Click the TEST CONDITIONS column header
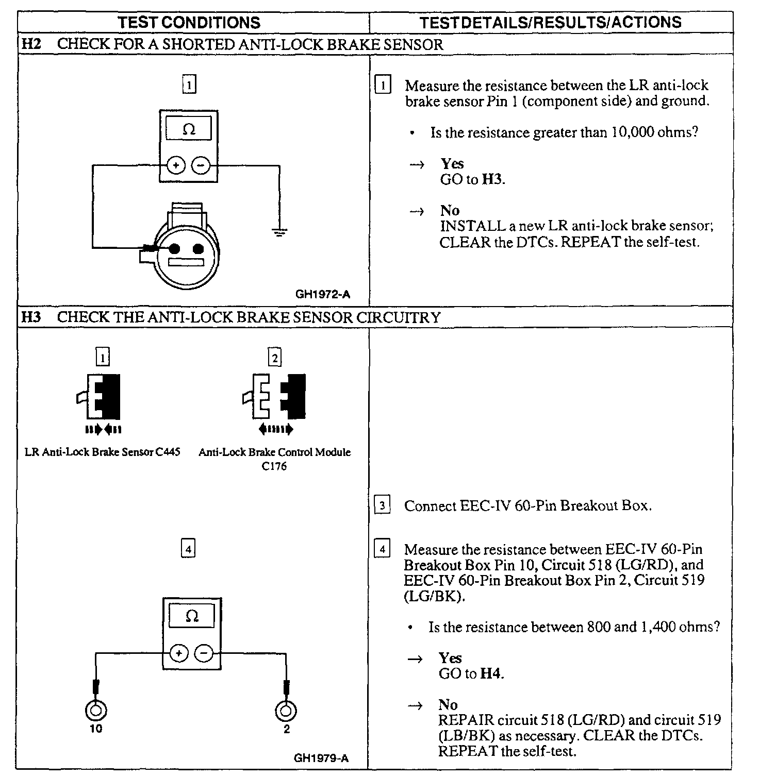pyautogui.click(x=189, y=23)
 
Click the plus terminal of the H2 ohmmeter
pyautogui.click(x=176, y=165)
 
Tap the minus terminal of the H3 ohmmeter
pyautogui.click(x=204, y=654)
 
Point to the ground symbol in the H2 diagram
pyautogui.click(x=279, y=232)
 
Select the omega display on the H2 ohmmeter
pyautogui.click(x=189, y=129)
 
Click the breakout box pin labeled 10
pyautogui.click(x=96, y=711)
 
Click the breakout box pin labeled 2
pyautogui.click(x=286, y=711)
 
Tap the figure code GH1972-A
pyautogui.click(x=322, y=295)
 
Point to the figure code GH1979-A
pyautogui.click(x=321, y=758)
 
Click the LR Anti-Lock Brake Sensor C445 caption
pyautogui.click(x=103, y=452)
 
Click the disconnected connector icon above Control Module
pyautogui.click(x=274, y=397)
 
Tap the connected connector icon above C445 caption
pyautogui.click(x=103, y=397)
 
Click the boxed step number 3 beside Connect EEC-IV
pyautogui.click(x=382, y=505)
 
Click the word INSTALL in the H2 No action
pyautogui.click(x=465, y=226)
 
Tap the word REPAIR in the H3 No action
pyautogui.click(x=462, y=720)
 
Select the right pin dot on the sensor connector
pyautogui.click(x=198, y=249)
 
